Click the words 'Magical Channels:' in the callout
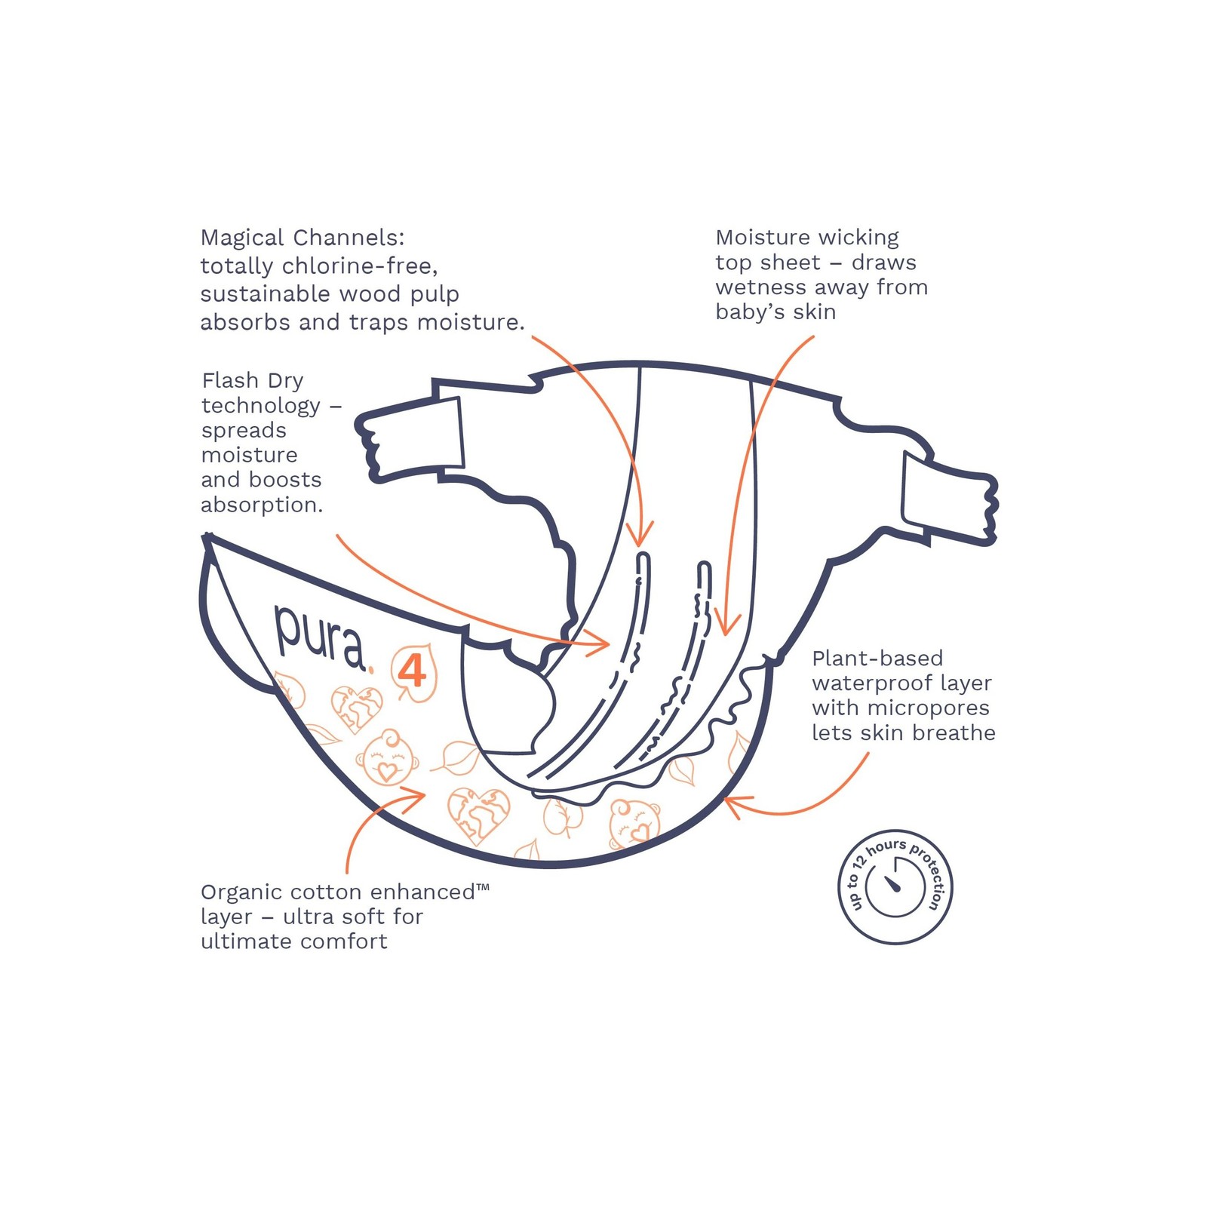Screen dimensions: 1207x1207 [x=302, y=238]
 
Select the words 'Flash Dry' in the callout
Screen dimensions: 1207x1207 [x=253, y=380]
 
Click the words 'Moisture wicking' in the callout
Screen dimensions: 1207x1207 [x=807, y=238]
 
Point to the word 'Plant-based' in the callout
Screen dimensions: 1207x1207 [x=877, y=659]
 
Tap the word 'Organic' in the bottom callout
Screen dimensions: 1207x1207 [x=241, y=892]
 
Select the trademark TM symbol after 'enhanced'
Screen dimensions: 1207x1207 [x=483, y=888]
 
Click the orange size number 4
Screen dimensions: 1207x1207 [x=412, y=670]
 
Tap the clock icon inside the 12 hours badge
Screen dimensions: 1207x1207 [x=895, y=886]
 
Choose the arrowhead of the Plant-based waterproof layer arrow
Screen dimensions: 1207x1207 [x=730, y=803]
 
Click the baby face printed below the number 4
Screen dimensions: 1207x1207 [x=387, y=758]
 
